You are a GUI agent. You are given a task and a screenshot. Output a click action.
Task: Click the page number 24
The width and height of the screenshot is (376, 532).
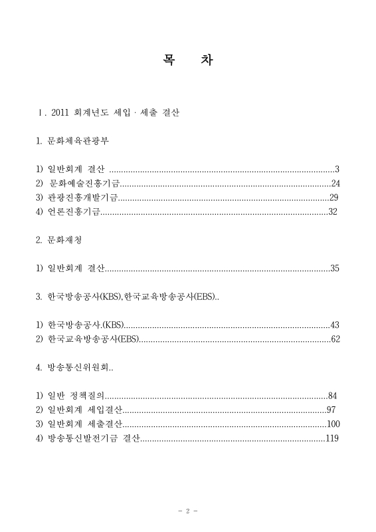point(335,184)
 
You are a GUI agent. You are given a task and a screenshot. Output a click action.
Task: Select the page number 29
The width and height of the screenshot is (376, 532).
point(334,198)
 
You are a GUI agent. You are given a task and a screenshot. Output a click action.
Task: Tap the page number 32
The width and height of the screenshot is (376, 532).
point(333,212)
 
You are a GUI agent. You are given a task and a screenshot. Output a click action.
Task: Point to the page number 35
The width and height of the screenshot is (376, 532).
point(335,269)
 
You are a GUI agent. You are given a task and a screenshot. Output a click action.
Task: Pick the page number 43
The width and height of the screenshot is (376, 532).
point(335,325)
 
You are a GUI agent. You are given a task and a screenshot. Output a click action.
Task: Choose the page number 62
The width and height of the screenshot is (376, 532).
point(335,340)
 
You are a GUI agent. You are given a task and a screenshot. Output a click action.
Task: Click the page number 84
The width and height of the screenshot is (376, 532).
point(333,396)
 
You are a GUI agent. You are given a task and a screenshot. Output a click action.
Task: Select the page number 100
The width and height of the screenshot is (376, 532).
point(333,424)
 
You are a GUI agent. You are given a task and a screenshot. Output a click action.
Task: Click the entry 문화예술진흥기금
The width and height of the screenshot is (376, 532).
point(84,184)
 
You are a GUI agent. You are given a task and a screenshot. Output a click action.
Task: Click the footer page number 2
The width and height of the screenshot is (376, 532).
point(188,511)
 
